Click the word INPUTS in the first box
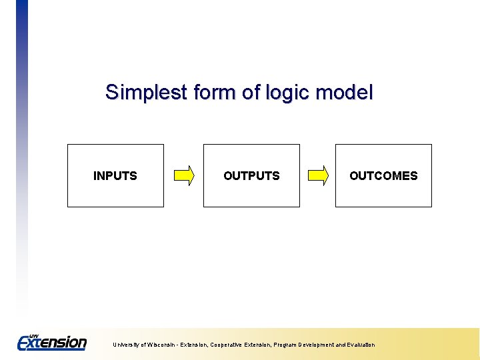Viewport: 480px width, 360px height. (x=115, y=176)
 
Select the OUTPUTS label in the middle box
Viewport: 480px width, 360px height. (x=251, y=176)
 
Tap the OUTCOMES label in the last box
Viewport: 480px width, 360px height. (x=383, y=176)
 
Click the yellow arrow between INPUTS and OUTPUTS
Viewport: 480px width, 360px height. (x=183, y=176)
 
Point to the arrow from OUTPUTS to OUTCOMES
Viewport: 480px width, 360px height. (x=318, y=176)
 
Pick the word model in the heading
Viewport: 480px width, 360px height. (x=345, y=92)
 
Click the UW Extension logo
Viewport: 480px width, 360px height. (x=52, y=342)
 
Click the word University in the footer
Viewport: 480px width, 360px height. (x=125, y=345)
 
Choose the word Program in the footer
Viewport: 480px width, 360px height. (x=284, y=345)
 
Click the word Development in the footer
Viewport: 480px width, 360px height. (x=317, y=345)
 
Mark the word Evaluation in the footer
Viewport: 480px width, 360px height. (x=360, y=345)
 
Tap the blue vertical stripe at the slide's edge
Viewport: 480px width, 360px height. (x=22, y=100)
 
